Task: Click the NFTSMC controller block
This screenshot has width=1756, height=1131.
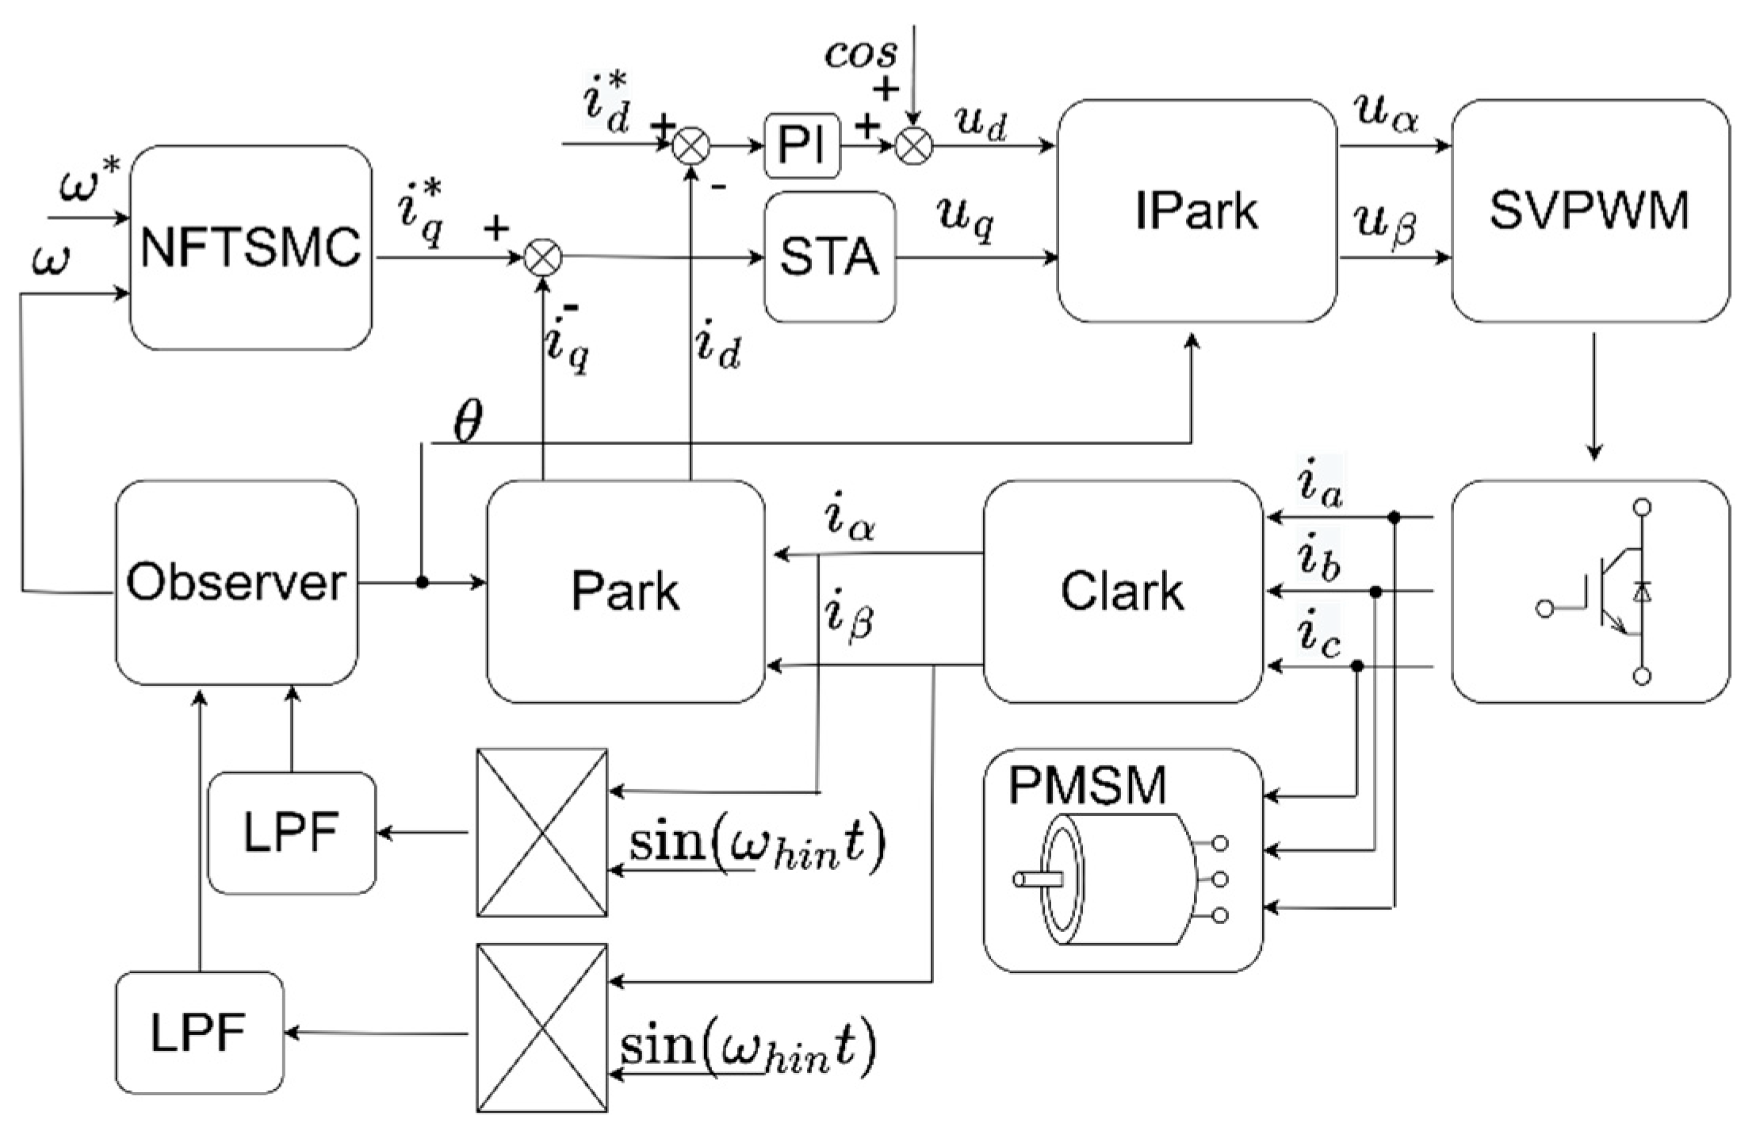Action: click(x=251, y=247)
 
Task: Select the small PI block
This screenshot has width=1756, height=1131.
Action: click(x=802, y=145)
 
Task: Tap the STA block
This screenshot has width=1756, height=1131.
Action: click(x=830, y=256)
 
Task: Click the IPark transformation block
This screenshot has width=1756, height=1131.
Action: click(x=1197, y=210)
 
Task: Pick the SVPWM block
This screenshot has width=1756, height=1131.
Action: click(x=1590, y=210)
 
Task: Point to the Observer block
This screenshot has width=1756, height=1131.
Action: click(x=236, y=582)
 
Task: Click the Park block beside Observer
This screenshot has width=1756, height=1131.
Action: click(x=626, y=591)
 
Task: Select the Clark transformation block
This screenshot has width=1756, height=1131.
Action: click(x=1123, y=591)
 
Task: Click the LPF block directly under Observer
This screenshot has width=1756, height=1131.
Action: click(x=292, y=833)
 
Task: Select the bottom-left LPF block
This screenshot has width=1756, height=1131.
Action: click(x=199, y=1033)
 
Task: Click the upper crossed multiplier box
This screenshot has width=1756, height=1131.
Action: click(x=542, y=833)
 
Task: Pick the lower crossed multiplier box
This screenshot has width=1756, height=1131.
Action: click(x=542, y=1028)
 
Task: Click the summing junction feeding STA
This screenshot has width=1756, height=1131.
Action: click(x=544, y=257)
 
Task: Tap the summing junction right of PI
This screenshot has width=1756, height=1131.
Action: click(x=914, y=146)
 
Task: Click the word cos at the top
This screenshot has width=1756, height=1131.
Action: click(x=862, y=52)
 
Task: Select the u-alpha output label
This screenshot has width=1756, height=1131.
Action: click(x=1387, y=115)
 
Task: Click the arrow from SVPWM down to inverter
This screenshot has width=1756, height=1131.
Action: click(x=1594, y=397)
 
